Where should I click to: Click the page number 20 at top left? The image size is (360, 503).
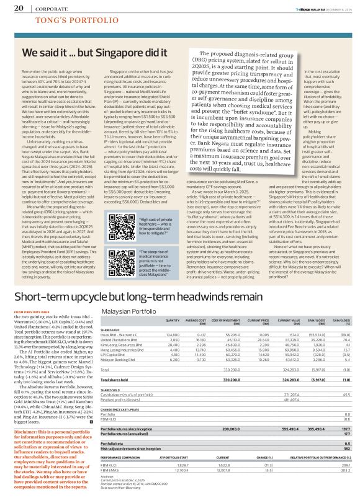point(18,9)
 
